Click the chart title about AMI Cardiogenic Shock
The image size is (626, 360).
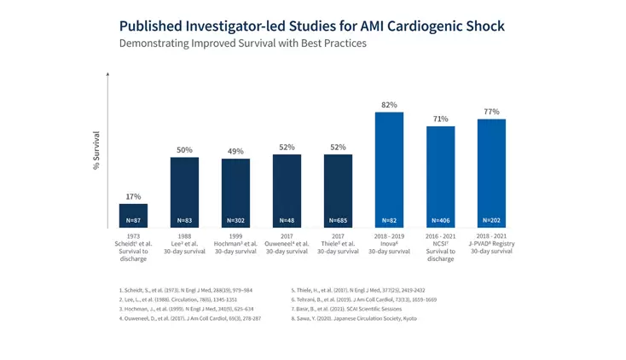[311, 26]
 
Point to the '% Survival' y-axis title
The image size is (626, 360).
[96, 150]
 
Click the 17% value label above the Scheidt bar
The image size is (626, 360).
[133, 196]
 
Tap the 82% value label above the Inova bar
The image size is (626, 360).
[389, 104]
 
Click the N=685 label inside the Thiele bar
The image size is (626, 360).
[338, 221]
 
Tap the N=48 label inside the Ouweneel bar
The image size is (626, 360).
[287, 221]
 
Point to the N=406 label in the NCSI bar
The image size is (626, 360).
[440, 221]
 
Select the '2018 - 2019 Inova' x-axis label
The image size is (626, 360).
[389, 243]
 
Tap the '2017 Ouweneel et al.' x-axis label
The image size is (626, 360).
[287, 243]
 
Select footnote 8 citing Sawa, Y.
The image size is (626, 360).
[354, 318]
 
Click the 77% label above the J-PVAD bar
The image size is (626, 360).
[491, 112]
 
